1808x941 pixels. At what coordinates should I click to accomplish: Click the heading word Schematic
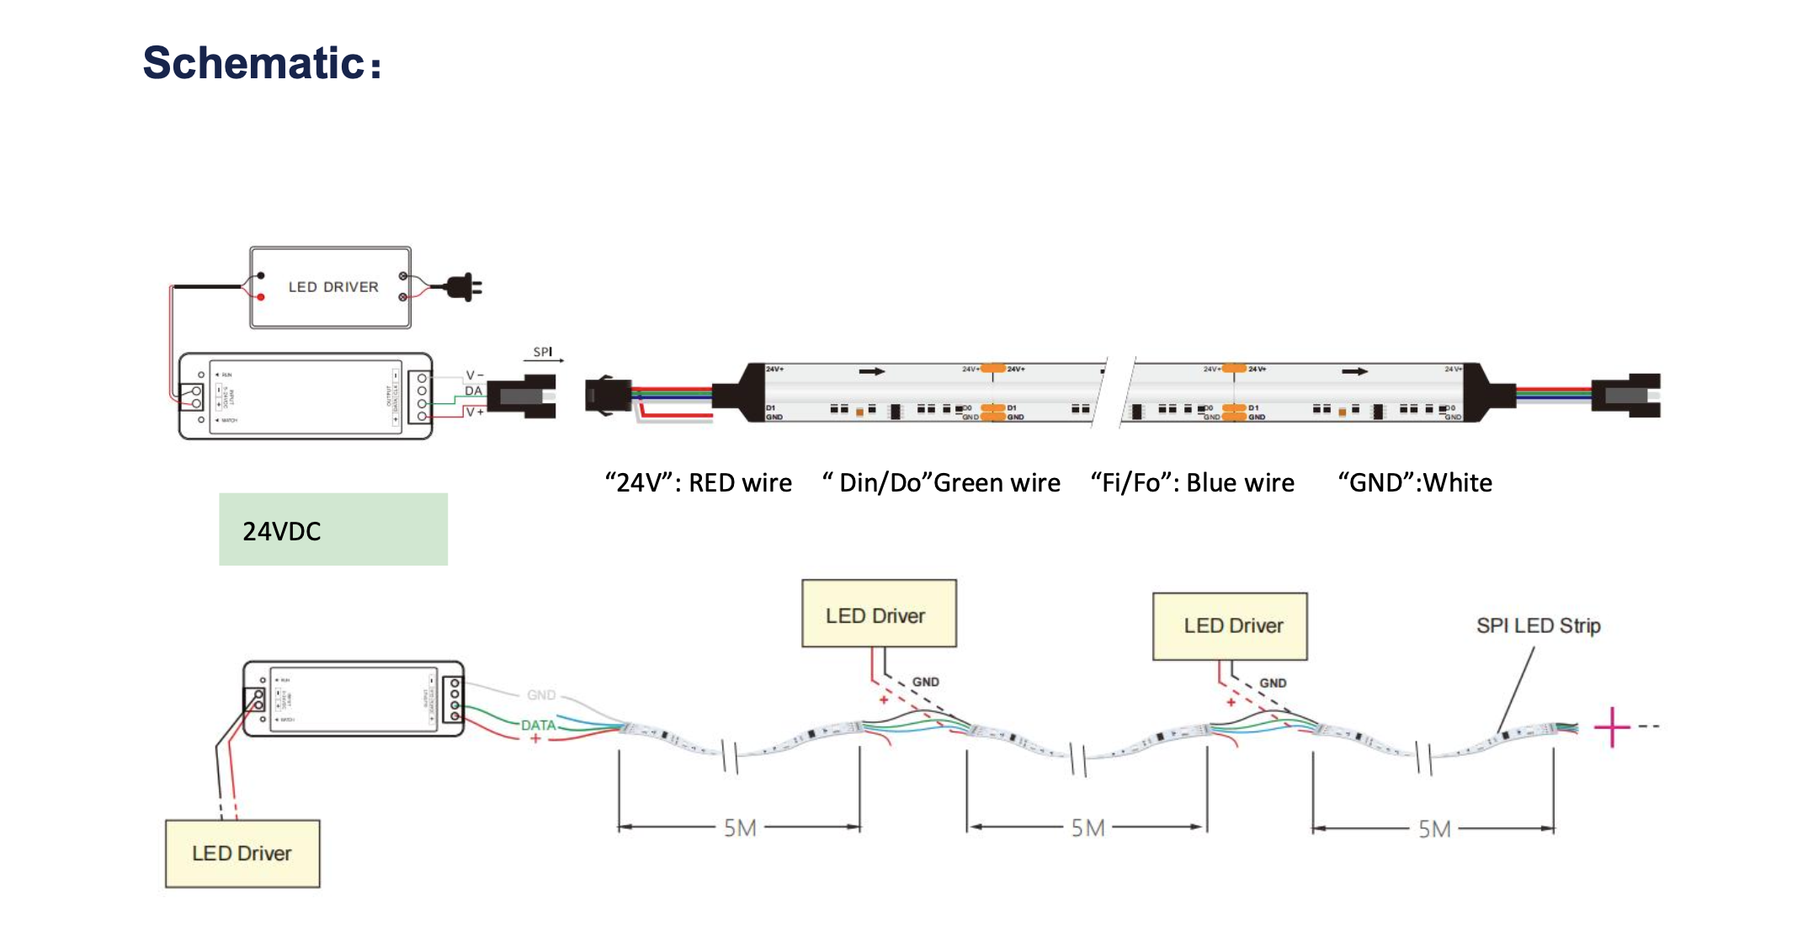[x=253, y=64]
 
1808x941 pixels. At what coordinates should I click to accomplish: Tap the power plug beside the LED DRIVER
[x=464, y=287]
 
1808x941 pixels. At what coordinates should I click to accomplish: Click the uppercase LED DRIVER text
[x=333, y=287]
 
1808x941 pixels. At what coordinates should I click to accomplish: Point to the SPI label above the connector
[x=543, y=352]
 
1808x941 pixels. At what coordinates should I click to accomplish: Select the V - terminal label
[x=475, y=375]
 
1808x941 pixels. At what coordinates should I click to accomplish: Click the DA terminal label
[x=474, y=391]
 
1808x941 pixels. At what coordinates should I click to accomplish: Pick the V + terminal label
[x=475, y=412]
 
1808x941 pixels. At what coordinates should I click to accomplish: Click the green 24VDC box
[x=333, y=529]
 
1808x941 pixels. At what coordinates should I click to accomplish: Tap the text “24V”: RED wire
[x=698, y=483]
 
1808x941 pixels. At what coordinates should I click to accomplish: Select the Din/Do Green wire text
[x=941, y=483]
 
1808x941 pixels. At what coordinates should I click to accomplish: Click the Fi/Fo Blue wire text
[x=1192, y=483]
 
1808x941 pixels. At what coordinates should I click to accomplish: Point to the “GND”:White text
[x=1415, y=483]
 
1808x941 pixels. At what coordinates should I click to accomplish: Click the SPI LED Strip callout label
[x=1538, y=625]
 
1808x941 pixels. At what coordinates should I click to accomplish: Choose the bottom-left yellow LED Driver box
[x=242, y=853]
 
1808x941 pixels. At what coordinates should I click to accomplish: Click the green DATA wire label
[x=538, y=725]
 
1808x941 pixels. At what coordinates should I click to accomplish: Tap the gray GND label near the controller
[x=541, y=695]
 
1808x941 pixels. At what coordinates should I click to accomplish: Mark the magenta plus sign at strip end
[x=1612, y=727]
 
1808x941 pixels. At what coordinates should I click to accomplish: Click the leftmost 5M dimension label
[x=740, y=828]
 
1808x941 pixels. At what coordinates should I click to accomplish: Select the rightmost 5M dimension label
[x=1434, y=829]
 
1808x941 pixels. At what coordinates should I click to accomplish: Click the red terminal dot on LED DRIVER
[x=261, y=297]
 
